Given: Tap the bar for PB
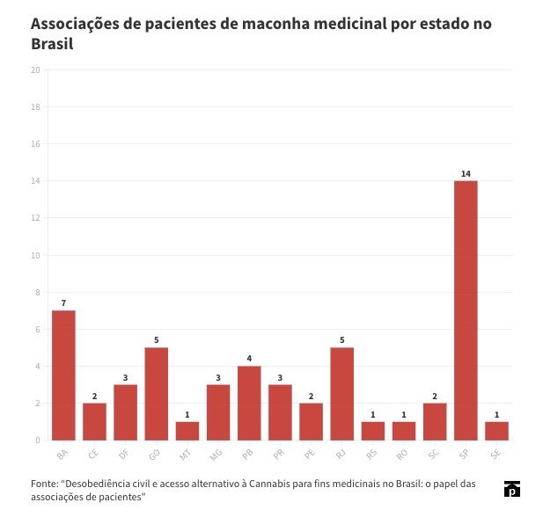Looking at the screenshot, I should click(249, 403).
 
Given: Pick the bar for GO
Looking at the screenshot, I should click(156, 394).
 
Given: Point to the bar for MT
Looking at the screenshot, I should click(187, 431).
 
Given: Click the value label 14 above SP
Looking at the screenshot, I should click(466, 173).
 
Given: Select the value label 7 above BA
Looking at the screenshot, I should click(63, 303).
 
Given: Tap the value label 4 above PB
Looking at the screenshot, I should click(249, 359).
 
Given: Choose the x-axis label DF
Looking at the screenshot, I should click(123, 454).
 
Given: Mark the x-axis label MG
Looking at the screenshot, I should click(216, 454).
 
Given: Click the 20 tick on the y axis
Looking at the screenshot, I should click(35, 70).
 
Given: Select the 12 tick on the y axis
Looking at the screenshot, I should click(35, 218).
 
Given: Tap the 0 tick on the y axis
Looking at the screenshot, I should click(38, 441).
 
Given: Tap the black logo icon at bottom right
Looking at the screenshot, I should click(511, 490).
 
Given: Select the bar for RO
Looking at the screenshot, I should click(404, 431).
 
